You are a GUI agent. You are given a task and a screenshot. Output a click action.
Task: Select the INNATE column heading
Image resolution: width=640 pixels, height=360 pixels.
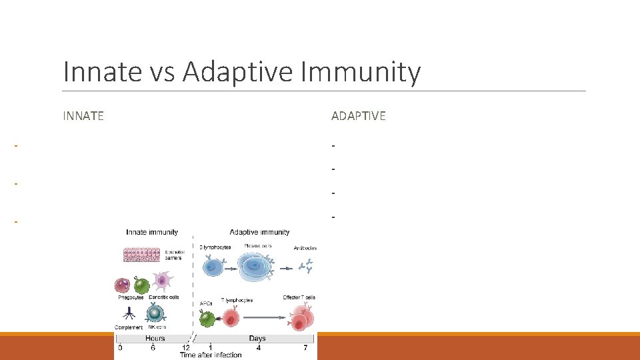[83, 116]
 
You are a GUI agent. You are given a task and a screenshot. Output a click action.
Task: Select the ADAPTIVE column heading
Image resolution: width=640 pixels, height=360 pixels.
[358, 116]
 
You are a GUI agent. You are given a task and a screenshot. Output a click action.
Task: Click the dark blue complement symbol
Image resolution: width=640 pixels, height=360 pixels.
[128, 313]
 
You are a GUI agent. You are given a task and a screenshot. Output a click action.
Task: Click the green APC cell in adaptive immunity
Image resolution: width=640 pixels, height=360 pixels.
[208, 318]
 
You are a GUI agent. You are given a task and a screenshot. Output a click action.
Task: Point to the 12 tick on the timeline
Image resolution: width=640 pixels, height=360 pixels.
[185, 347]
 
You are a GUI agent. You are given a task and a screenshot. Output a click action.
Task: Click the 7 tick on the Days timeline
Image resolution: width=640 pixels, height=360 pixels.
[305, 347]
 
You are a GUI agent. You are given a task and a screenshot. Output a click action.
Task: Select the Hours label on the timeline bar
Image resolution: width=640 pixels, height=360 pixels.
[155, 339]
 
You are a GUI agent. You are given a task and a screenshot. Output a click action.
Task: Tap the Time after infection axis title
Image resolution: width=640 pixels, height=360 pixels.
[211, 355]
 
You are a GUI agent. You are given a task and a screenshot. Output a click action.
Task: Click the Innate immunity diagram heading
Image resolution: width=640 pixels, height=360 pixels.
[152, 232]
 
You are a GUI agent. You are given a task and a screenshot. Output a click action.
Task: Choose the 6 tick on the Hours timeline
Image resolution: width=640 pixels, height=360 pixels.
[153, 347]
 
